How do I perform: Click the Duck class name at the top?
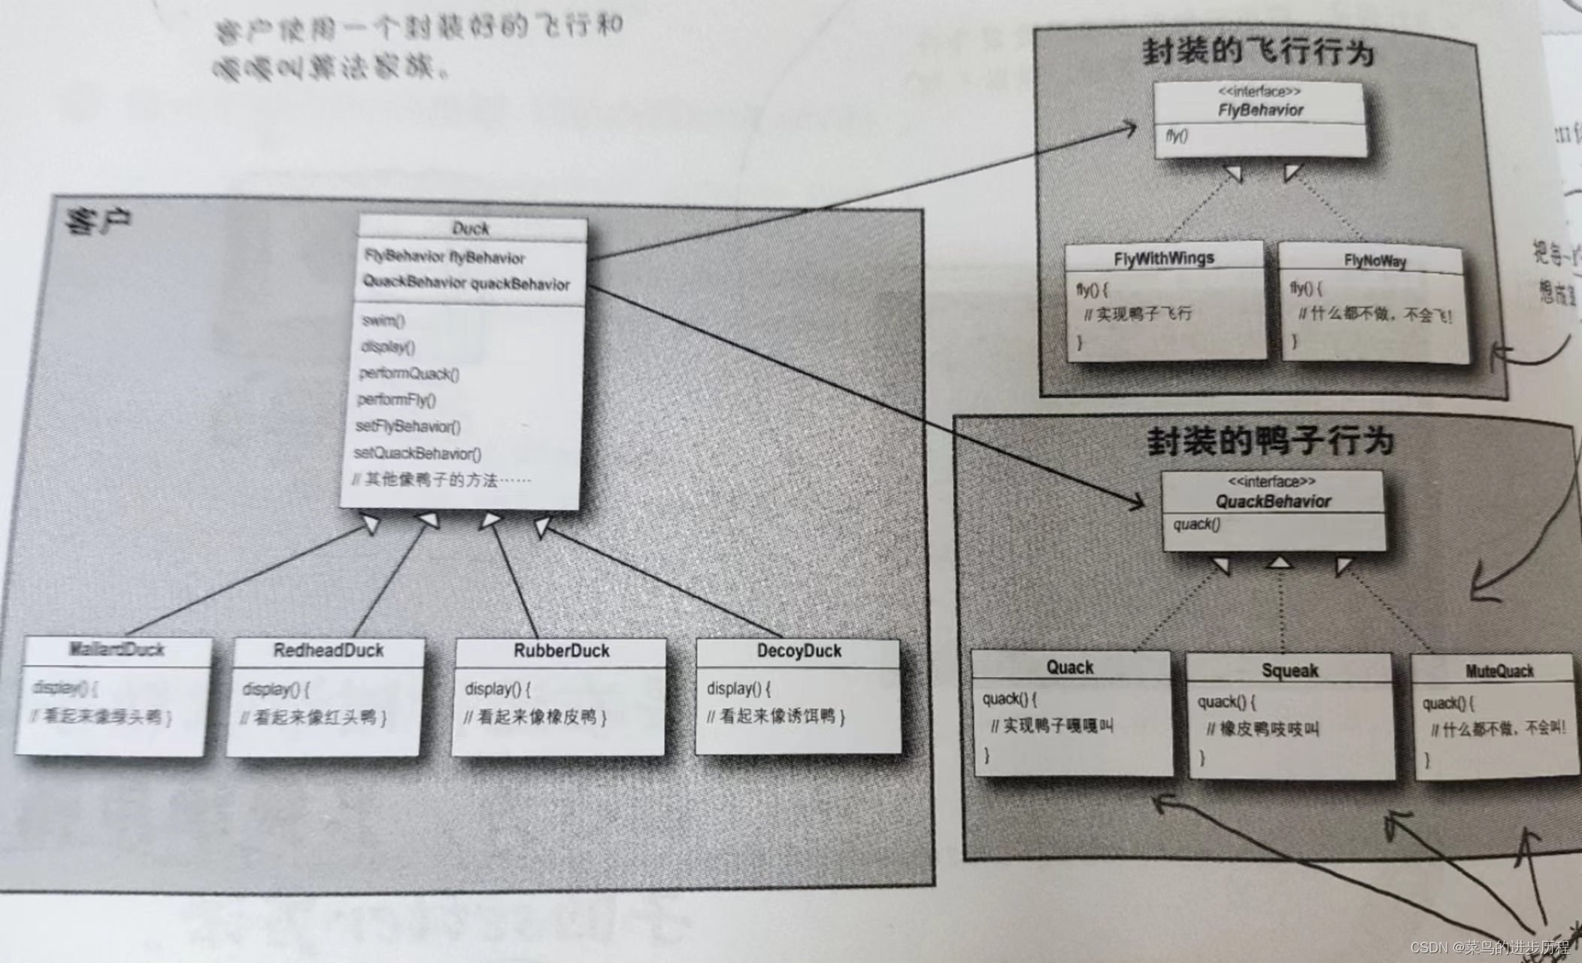(x=471, y=228)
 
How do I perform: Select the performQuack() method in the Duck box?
(x=408, y=374)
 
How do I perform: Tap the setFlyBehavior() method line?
(x=408, y=427)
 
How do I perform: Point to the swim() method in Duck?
(x=383, y=320)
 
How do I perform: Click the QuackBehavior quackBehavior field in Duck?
(x=466, y=283)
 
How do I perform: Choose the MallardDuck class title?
(x=117, y=649)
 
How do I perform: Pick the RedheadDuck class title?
(x=328, y=651)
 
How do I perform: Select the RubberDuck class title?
(x=561, y=651)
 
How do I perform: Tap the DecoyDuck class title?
(x=799, y=651)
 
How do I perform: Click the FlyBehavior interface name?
(x=1260, y=110)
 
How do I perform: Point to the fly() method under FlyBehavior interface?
(x=1177, y=136)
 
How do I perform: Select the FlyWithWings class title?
(x=1163, y=259)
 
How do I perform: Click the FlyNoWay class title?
(x=1374, y=261)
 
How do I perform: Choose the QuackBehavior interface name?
(x=1273, y=501)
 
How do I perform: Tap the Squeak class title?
(x=1290, y=670)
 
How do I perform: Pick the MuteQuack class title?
(x=1499, y=671)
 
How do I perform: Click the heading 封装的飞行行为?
(x=1258, y=51)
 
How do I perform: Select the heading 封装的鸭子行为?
(x=1270, y=441)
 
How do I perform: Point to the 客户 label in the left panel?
(x=98, y=221)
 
